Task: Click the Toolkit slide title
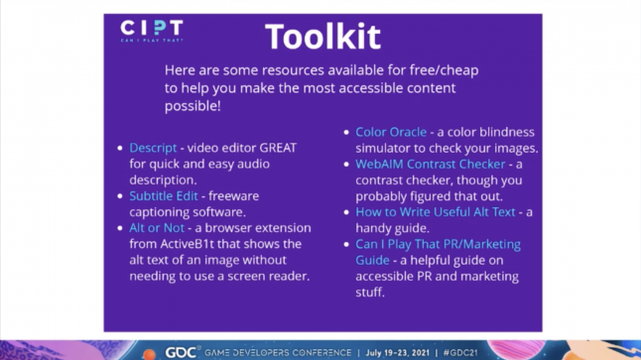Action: coord(322,37)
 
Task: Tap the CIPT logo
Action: coord(151,30)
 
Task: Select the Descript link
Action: coord(153,148)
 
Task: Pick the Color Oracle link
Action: coord(391,132)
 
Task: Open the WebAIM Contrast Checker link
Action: coord(431,164)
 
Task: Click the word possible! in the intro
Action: coord(192,105)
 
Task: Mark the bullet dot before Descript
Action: coord(120,149)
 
